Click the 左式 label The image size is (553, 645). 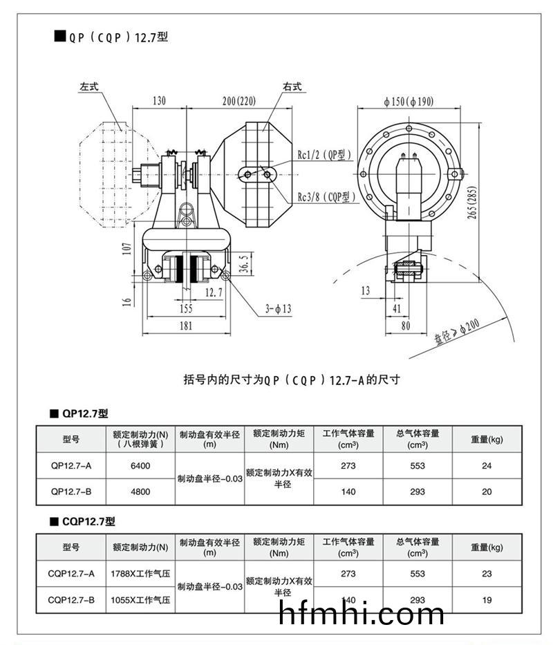(x=89, y=88)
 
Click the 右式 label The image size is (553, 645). (x=292, y=88)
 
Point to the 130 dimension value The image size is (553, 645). (x=158, y=101)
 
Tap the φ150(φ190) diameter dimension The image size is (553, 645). (x=409, y=101)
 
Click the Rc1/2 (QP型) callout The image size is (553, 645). (x=325, y=154)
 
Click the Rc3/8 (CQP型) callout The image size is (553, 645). (x=327, y=197)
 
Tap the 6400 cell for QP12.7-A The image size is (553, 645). (x=140, y=466)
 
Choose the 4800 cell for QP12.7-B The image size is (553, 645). (x=140, y=492)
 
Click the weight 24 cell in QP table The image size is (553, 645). (x=487, y=466)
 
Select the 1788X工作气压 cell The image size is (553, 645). (x=140, y=573)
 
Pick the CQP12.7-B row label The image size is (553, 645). (x=71, y=599)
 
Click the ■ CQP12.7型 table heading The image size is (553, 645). (x=82, y=522)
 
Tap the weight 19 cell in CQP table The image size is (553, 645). (x=487, y=599)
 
